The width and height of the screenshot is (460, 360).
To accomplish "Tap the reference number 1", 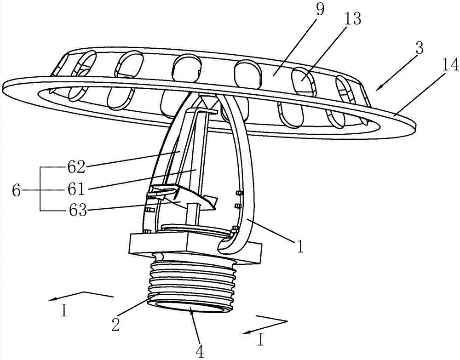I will click(x=299, y=248).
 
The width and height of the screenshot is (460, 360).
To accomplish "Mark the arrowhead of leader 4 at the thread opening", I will click(x=190, y=310).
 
